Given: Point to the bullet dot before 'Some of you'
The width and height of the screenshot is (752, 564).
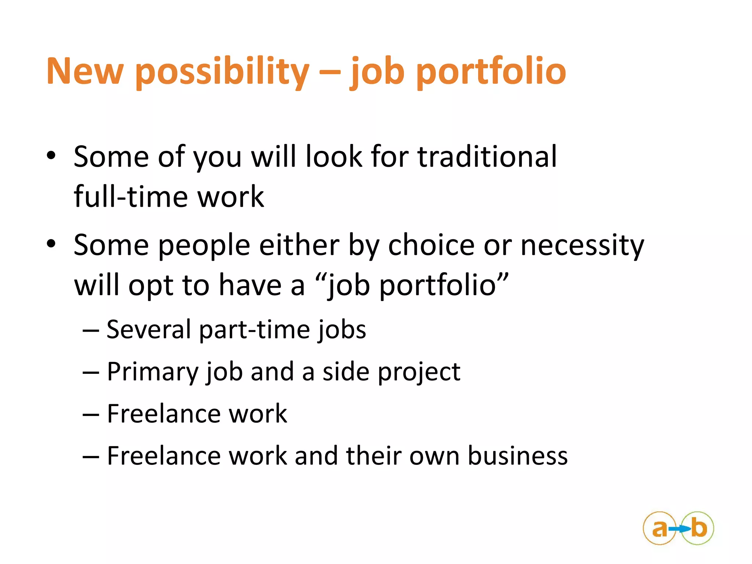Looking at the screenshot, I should click(x=51, y=156).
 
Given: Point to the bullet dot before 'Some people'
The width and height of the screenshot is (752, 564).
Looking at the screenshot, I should click(x=51, y=244).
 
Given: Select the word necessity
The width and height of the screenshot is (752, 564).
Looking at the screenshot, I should click(x=582, y=246).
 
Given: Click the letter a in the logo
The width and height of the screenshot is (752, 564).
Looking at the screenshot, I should click(x=659, y=529).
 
